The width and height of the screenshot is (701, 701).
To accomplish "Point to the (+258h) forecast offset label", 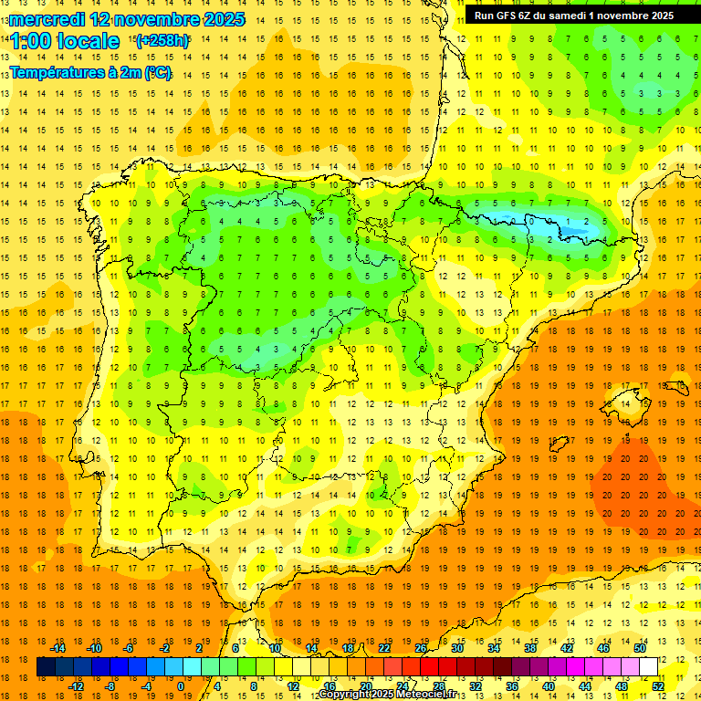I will click(x=162, y=41).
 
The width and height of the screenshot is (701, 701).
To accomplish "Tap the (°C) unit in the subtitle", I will click(x=157, y=72).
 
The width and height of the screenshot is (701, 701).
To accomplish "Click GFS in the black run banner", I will click(x=510, y=16).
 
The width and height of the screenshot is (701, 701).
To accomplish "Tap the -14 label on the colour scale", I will click(x=58, y=648).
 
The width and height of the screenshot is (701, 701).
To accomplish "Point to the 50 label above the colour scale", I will click(x=639, y=648).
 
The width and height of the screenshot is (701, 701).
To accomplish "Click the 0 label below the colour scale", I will click(x=181, y=686).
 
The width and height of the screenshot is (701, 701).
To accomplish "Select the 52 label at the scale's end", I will click(x=658, y=686).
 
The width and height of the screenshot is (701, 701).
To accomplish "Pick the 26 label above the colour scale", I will click(x=421, y=648).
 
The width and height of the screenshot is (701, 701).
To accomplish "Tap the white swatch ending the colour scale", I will click(x=649, y=667).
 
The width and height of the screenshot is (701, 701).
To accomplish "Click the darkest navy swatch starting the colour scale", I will click(x=46, y=667).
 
